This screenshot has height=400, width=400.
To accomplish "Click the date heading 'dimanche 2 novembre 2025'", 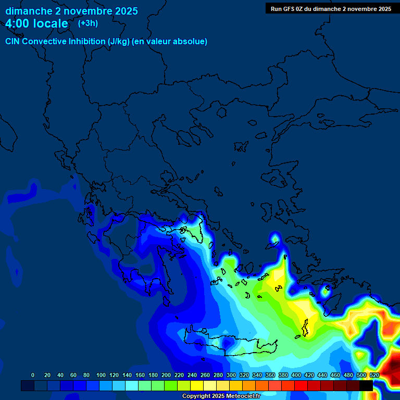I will click(71, 11).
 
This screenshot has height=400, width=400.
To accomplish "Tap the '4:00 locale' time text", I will click(36, 23).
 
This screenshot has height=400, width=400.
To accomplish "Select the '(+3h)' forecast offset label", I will click(87, 23).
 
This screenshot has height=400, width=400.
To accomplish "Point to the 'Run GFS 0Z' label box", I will click(331, 9).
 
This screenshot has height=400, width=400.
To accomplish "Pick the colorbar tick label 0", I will click(33, 375).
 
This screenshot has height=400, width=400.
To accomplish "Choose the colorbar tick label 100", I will click(101, 375).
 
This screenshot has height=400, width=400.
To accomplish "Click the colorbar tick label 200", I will click(166, 375).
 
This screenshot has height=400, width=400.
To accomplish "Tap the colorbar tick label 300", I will click(231, 375).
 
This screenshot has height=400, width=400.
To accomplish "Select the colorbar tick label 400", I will click(296, 375).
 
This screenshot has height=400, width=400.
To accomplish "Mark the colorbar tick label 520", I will click(374, 375).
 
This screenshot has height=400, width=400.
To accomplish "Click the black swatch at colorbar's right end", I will click(366, 386).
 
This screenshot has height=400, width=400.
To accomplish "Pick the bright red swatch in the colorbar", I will click(301, 386).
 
